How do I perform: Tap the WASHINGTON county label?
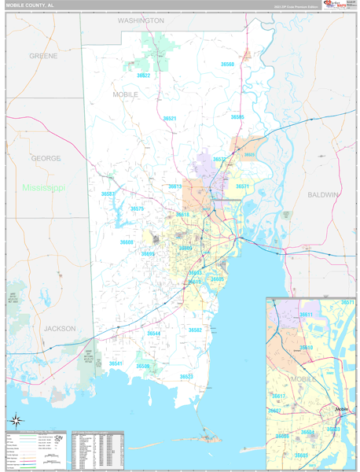coord(141,20)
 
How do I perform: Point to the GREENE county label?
coord(43,57)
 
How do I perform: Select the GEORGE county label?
coord(46,158)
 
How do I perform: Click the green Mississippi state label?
coord(43,188)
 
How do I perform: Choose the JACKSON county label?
coord(60,328)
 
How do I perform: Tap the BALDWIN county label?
coord(323,194)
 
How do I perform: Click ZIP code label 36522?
coord(143,76)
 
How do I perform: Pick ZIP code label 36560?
coord(227,64)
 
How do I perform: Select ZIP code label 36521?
coord(170,118)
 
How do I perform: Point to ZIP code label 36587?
coord(108,194)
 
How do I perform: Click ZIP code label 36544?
coord(154,334)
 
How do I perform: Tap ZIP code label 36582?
coord(195,330)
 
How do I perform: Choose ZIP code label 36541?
coord(116,363)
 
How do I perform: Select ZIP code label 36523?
coord(186,377)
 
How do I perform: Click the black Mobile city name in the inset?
coord(341,410)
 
